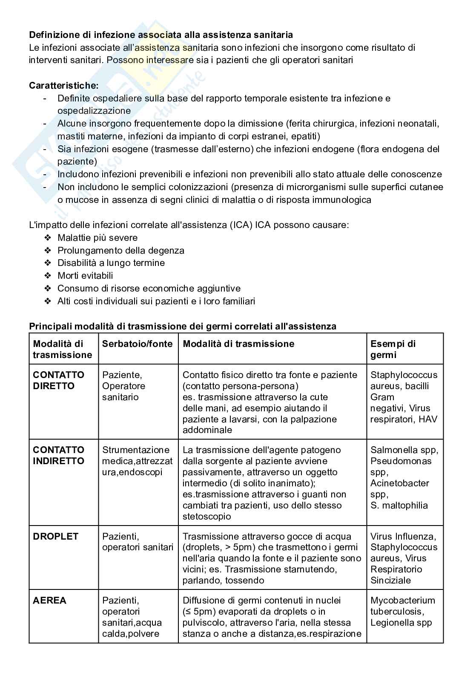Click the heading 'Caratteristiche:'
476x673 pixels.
point(63,86)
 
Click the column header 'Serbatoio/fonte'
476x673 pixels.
point(138,344)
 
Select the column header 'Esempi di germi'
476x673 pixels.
point(393,349)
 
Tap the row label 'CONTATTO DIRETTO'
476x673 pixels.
point(59,380)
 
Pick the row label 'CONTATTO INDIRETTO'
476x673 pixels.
point(59,455)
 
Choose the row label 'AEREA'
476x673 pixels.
point(49,601)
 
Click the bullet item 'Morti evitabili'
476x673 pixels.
point(85,276)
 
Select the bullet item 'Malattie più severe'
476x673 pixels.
point(97,238)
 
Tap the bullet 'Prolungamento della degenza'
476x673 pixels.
point(121,251)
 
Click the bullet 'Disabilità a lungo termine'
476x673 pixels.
point(111,263)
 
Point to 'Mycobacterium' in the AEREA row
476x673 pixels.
point(403,601)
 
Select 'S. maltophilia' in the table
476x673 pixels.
point(399,505)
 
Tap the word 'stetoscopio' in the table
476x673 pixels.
point(207,517)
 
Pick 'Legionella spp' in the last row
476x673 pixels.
point(401,623)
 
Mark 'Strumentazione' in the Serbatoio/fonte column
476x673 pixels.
point(136,450)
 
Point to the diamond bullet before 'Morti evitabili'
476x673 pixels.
point(48,276)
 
